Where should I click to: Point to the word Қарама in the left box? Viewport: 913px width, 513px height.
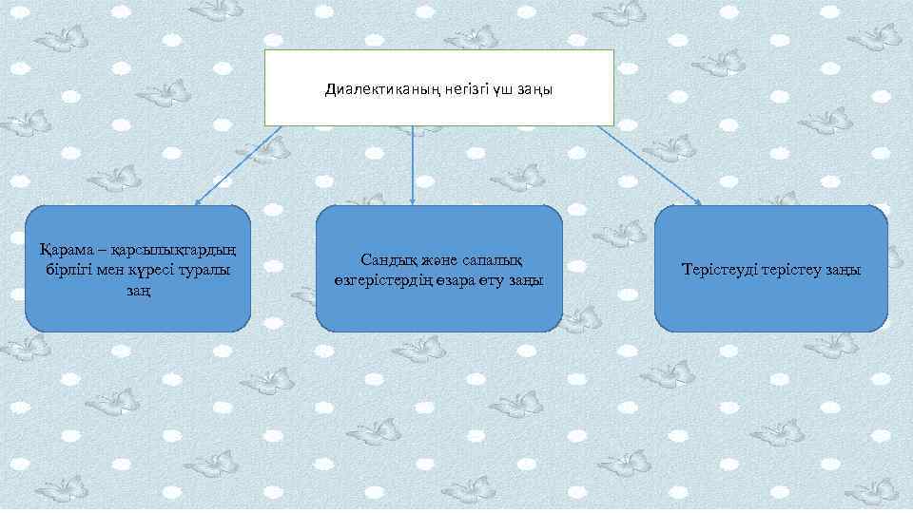click(65, 251)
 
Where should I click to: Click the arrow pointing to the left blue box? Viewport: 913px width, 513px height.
click(238, 165)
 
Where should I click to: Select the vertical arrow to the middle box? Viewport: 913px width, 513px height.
click(413, 165)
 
